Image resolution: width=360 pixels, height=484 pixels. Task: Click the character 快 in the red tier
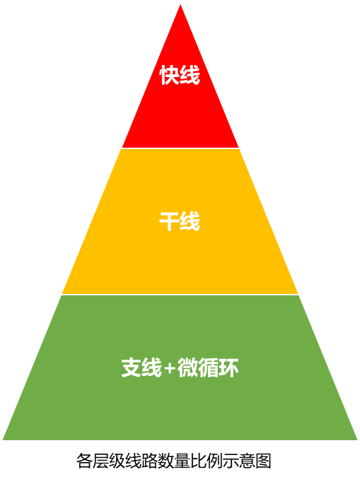[169, 75]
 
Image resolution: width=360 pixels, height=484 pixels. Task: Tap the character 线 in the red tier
[190, 75]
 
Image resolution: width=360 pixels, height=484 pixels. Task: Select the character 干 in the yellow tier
[169, 221]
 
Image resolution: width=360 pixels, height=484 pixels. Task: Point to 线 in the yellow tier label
[190, 221]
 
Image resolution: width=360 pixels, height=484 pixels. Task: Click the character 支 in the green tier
[132, 367]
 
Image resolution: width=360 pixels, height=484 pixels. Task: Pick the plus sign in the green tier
[170, 368]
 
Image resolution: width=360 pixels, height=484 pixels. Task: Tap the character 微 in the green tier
[187, 367]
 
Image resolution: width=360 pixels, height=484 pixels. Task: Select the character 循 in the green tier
[208, 367]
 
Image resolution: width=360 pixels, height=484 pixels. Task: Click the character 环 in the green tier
[228, 367]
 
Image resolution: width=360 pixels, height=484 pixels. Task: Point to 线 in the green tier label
[152, 367]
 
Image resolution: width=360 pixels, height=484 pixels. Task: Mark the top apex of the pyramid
[180, 4]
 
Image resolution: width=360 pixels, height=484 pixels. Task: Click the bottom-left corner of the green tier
[3, 439]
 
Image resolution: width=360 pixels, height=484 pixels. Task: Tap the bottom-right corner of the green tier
[357, 439]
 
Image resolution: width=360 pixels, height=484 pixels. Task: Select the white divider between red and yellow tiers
[180, 148]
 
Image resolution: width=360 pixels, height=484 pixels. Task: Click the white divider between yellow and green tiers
[180, 295]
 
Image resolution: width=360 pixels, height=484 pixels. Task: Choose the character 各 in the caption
[84, 461]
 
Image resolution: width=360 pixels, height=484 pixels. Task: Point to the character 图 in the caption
[263, 461]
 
